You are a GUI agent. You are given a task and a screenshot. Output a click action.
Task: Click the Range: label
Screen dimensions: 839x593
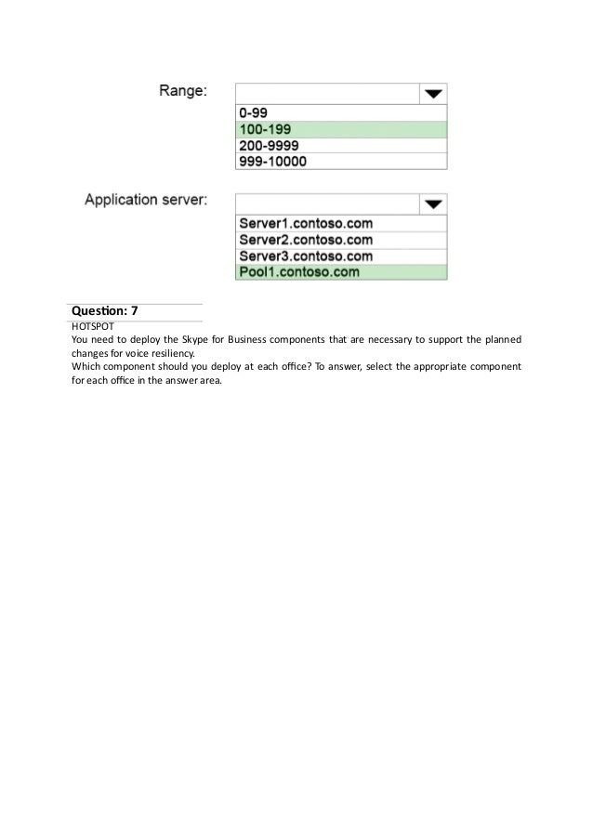[183, 91]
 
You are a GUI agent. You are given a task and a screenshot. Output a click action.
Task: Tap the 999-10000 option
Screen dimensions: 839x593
[272, 162]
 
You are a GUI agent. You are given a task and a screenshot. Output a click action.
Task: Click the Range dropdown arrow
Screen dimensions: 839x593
[433, 93]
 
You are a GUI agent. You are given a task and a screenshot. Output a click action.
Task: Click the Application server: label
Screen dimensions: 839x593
[147, 199]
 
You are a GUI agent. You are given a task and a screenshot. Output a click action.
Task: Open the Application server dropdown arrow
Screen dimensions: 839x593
[433, 203]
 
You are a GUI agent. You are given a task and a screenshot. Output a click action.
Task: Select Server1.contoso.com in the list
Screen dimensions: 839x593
[306, 224]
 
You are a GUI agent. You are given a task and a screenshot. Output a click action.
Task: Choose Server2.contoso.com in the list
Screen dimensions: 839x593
[306, 240]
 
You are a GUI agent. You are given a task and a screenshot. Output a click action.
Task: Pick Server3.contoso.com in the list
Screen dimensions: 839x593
[306, 256]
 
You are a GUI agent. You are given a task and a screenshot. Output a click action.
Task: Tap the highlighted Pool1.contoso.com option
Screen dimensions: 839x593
[299, 272]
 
